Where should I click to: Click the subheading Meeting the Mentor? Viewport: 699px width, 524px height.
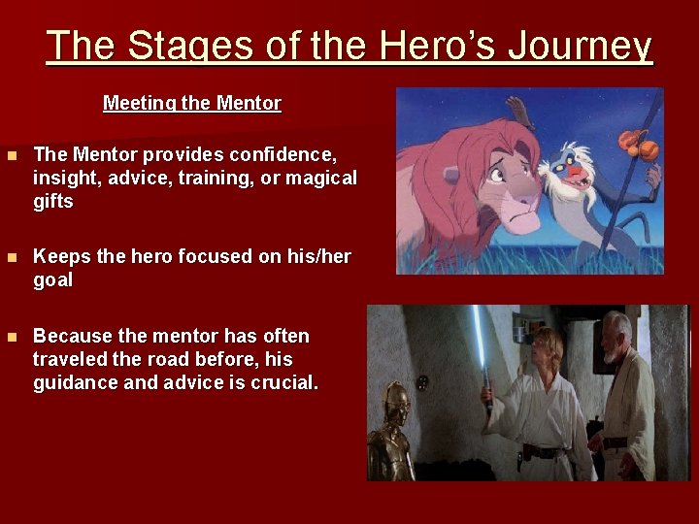pyautogui.click(x=191, y=103)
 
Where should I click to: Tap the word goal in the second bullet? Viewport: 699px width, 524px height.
pyautogui.click(x=53, y=280)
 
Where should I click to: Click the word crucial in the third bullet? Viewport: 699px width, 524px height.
pyautogui.click(x=282, y=383)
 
